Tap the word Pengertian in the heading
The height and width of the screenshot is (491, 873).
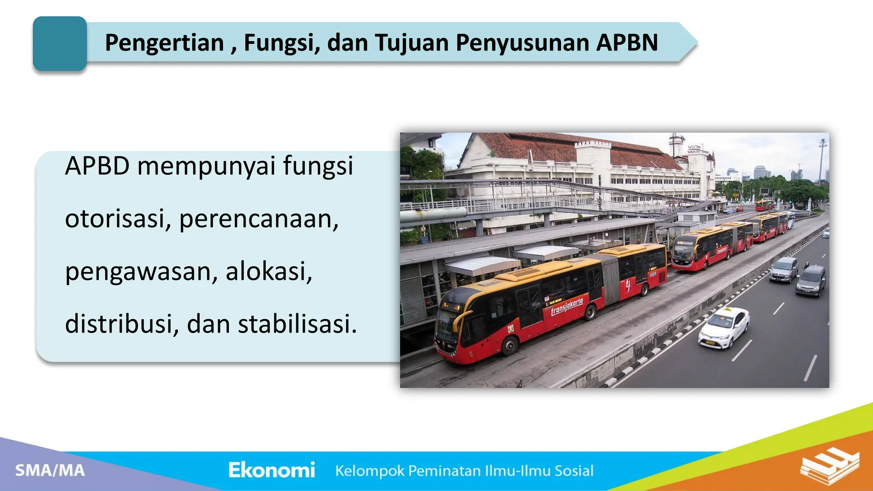[x=164, y=43]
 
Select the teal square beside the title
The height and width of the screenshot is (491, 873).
[x=60, y=43]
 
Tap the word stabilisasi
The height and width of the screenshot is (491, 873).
[x=297, y=324]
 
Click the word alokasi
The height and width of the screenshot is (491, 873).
[x=269, y=271]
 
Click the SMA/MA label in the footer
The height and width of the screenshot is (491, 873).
[x=50, y=471]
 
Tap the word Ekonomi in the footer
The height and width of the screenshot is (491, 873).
[x=272, y=470]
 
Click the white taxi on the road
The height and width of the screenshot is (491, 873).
[x=723, y=327]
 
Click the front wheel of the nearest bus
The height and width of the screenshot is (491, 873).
[x=509, y=345]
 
